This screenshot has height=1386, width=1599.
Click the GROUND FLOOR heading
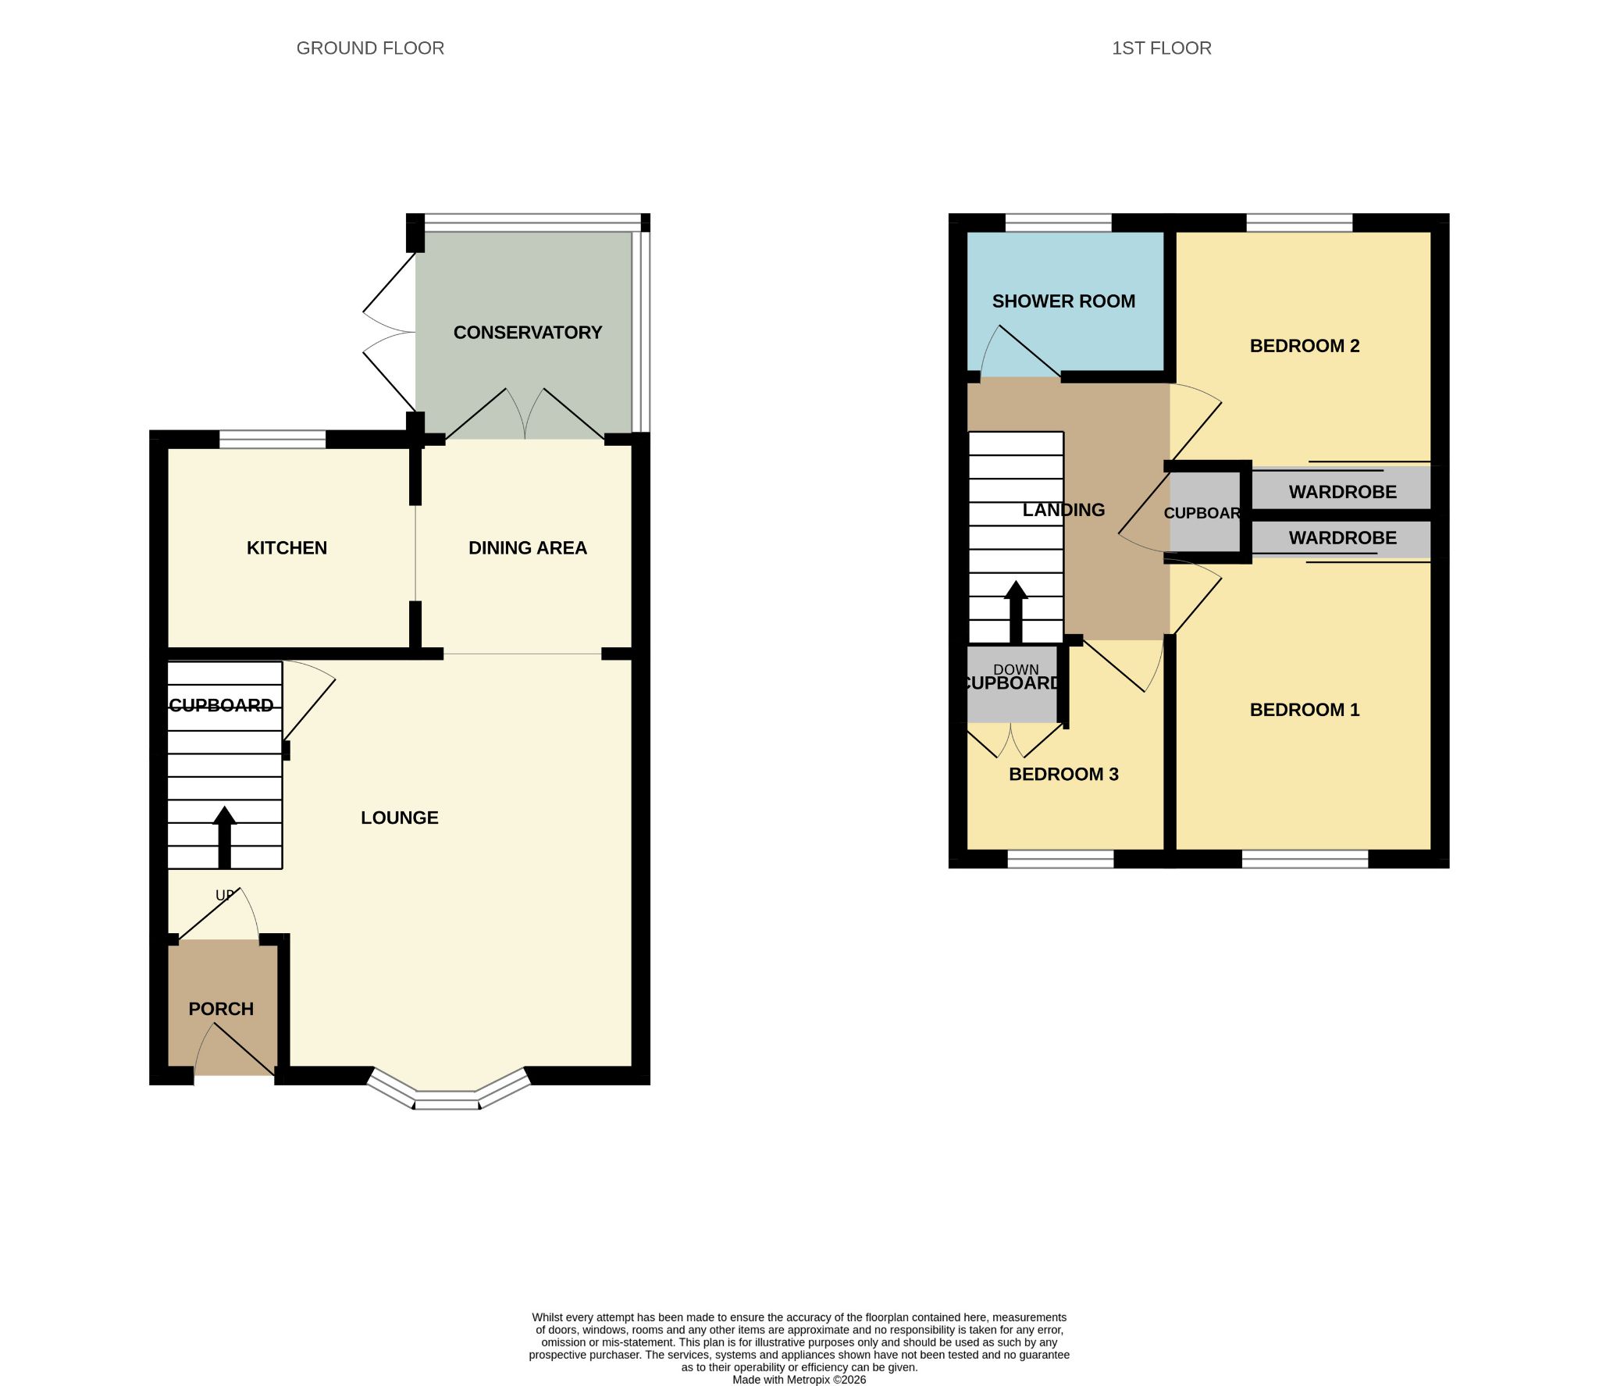370,48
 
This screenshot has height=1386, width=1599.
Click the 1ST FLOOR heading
1161,48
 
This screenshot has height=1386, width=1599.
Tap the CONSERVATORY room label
528,333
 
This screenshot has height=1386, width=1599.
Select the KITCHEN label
287,548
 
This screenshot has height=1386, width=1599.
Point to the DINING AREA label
528,548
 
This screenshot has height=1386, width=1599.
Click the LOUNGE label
400,818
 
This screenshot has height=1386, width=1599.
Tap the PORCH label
221,1009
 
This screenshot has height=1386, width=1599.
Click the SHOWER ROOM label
1063,301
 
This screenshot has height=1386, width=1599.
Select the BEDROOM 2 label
1305,346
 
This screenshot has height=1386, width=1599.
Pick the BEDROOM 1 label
1305,710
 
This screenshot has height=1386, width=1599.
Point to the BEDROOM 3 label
1063,775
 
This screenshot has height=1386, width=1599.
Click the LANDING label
1063,510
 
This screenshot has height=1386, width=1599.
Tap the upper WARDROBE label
1343,492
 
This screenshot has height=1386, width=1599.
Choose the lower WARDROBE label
1343,538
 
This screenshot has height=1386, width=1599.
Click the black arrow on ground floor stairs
225,837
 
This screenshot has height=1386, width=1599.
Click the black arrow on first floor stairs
1016,612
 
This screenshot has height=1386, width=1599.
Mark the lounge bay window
448,1092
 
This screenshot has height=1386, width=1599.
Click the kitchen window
272,439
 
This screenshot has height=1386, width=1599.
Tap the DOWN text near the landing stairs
1016,669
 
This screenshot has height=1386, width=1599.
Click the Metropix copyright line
799,1380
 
